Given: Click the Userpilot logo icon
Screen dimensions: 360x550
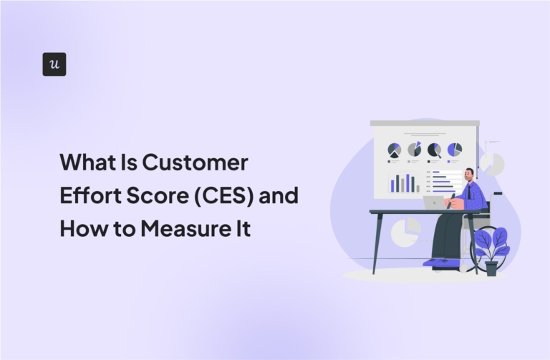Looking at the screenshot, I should coord(54,64).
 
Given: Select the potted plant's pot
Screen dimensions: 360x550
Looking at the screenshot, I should coord(491,268).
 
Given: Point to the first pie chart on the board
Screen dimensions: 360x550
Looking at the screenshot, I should coord(394,150).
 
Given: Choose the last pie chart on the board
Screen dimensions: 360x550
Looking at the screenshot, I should coord(455,149).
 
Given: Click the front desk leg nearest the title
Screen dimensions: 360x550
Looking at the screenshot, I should coord(377,244).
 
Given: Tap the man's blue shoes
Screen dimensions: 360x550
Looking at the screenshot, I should coord(439,263).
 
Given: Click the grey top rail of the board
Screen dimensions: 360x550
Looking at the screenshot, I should coord(425,123).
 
